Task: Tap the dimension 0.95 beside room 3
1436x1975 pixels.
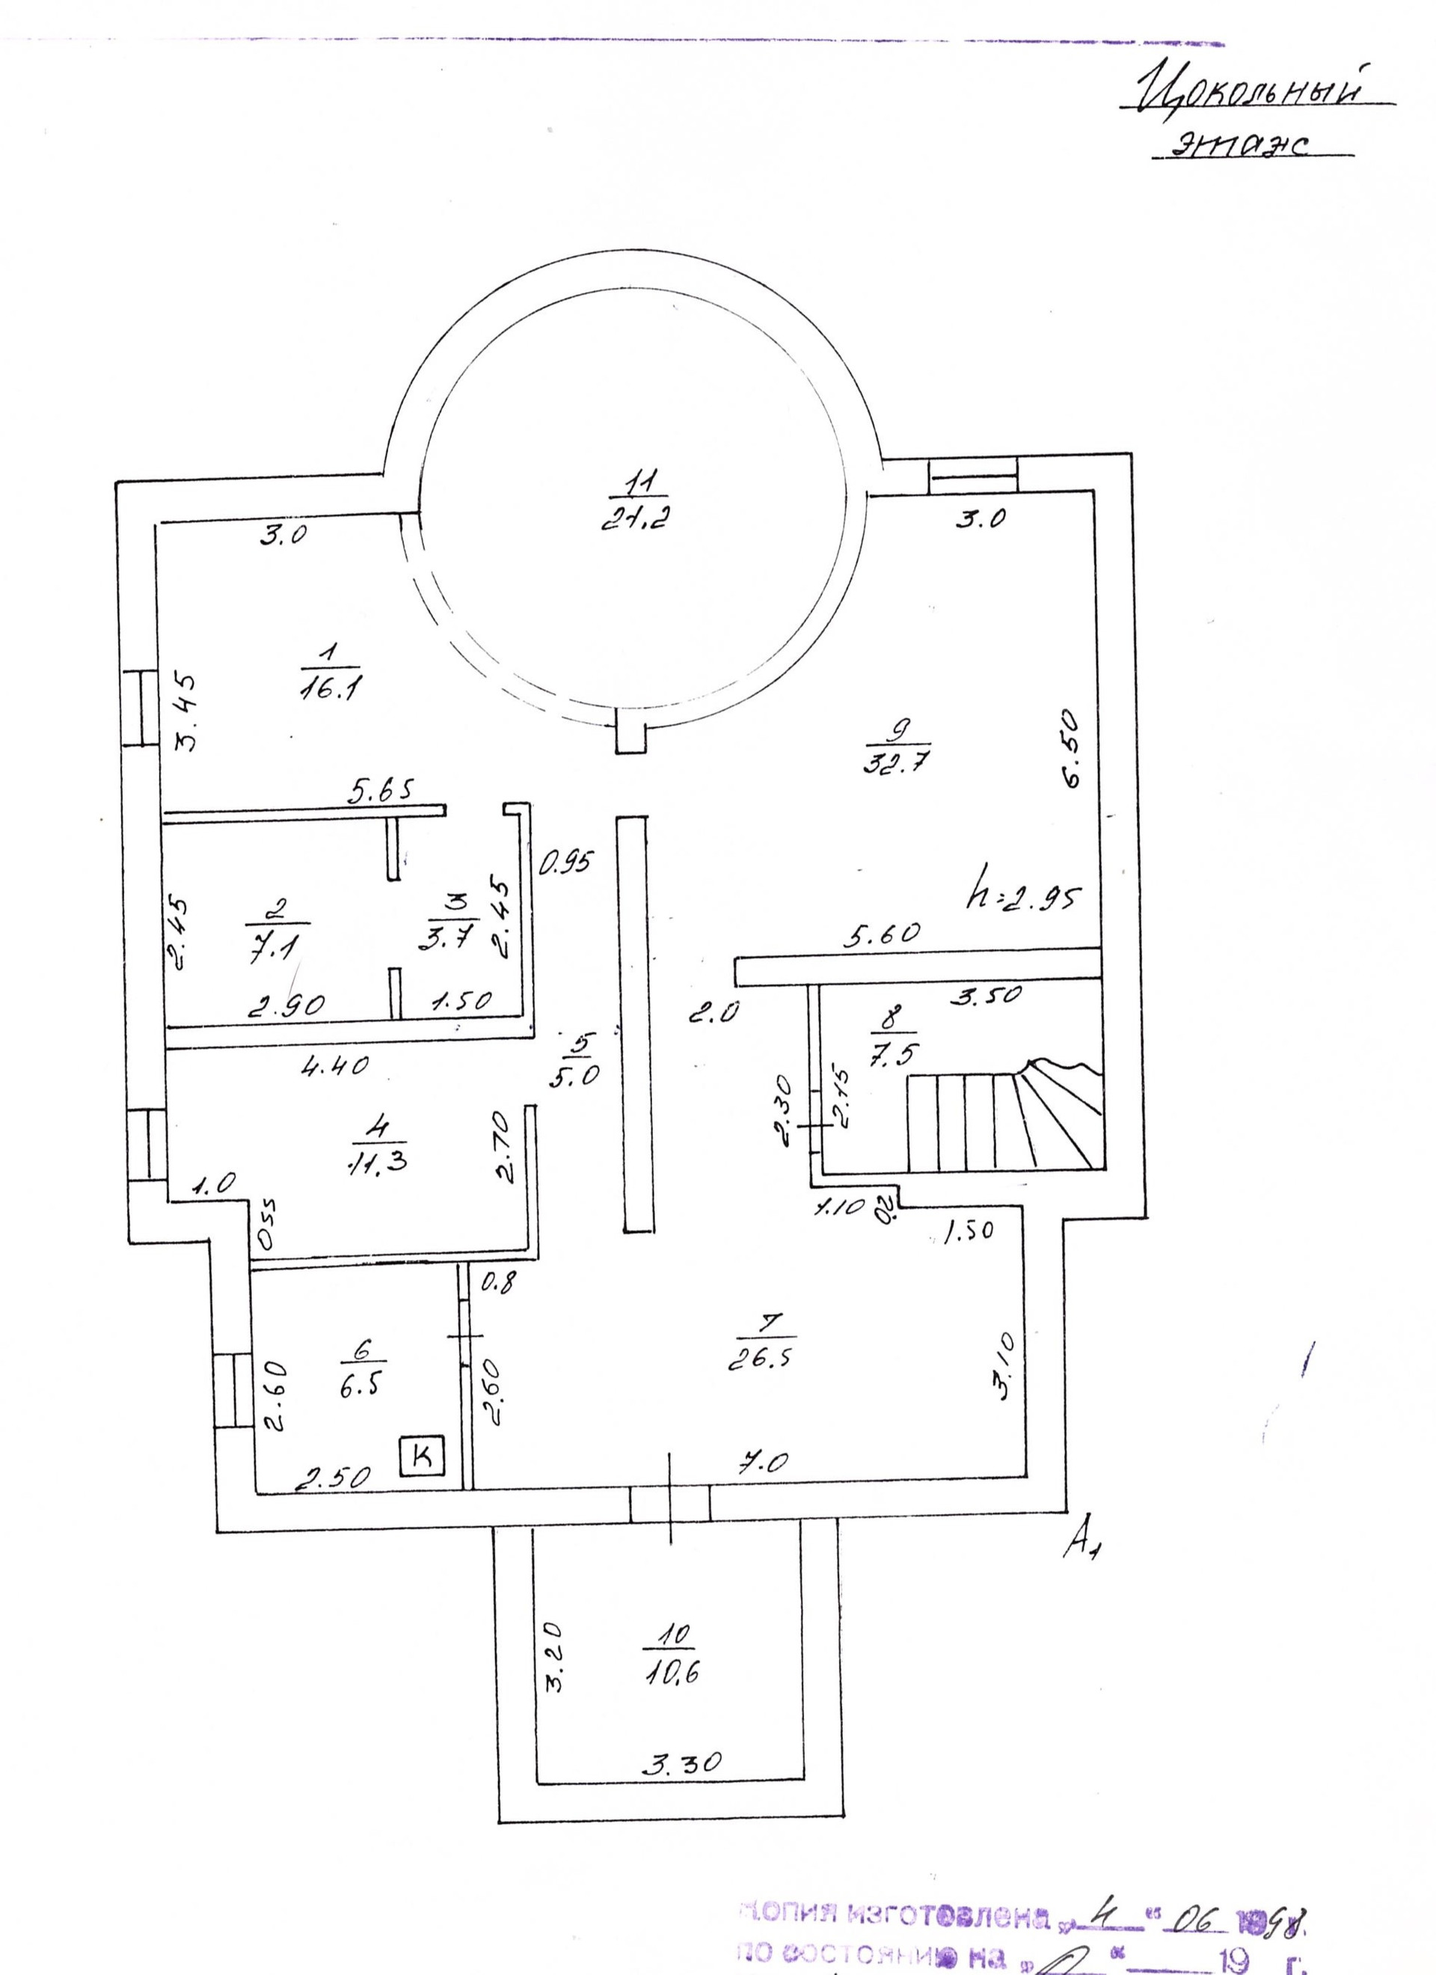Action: click(x=566, y=861)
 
